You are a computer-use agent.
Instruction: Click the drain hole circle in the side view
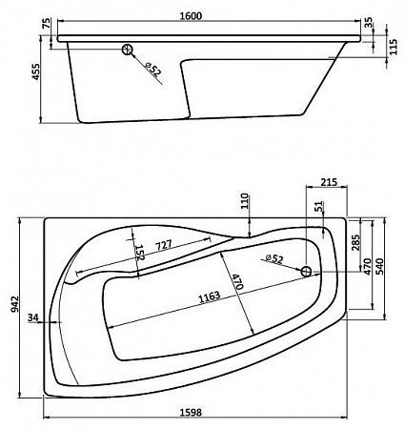[x=128, y=52]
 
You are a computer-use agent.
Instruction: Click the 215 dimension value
[x=329, y=181]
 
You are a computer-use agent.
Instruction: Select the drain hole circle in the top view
[x=306, y=272]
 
